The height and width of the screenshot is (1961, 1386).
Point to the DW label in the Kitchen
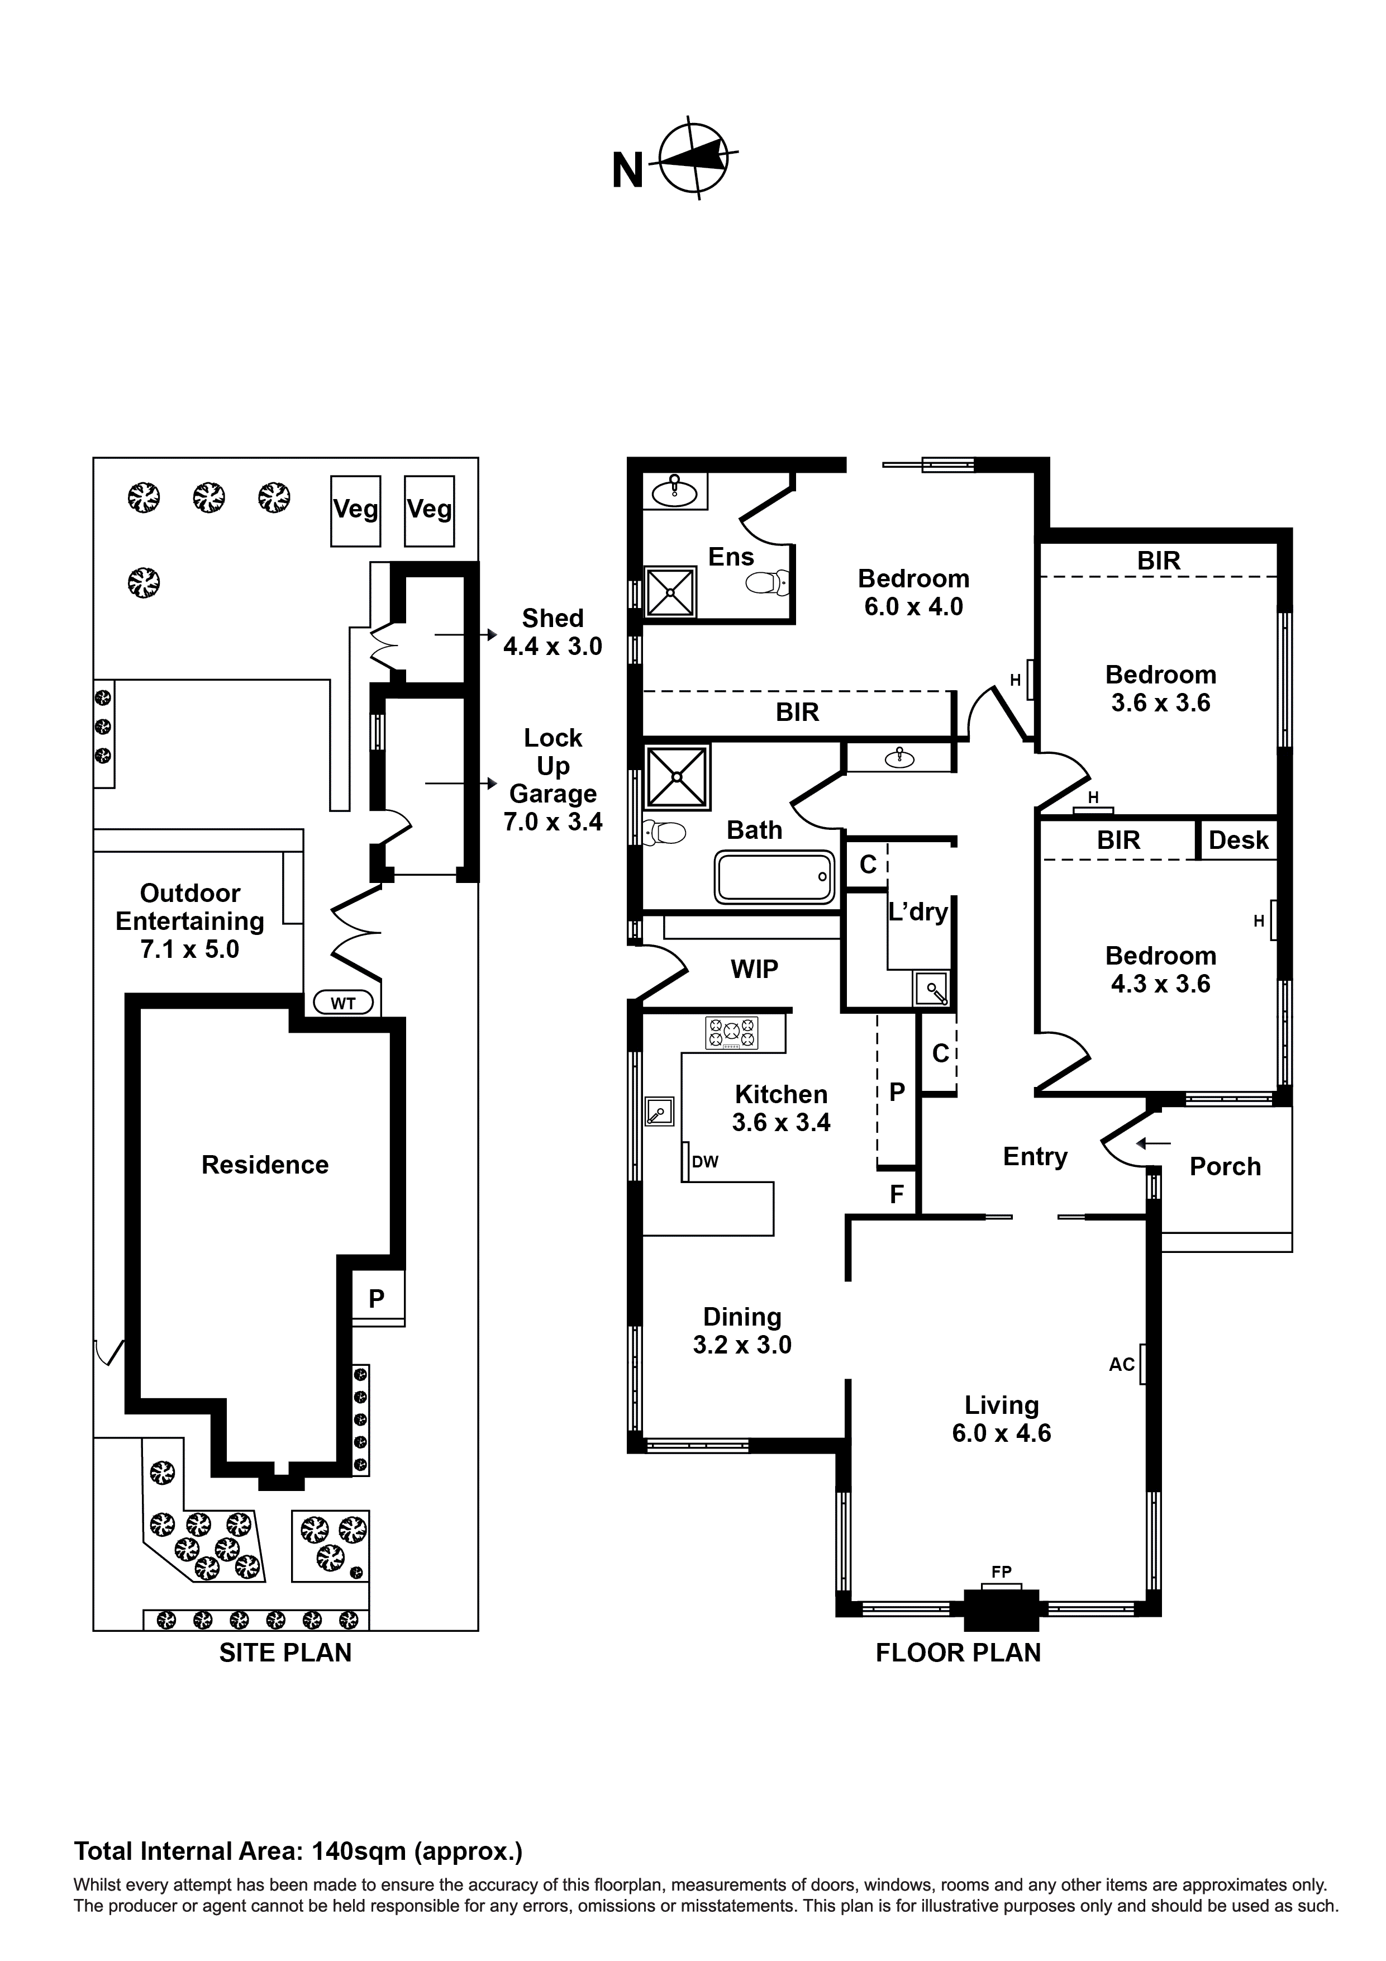click(x=706, y=1162)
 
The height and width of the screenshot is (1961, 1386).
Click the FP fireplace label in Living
click(x=1001, y=1571)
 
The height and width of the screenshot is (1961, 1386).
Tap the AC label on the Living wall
click(x=1121, y=1364)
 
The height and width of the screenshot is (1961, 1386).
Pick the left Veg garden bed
click(x=355, y=510)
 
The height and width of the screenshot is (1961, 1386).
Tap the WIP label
click(x=754, y=970)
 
